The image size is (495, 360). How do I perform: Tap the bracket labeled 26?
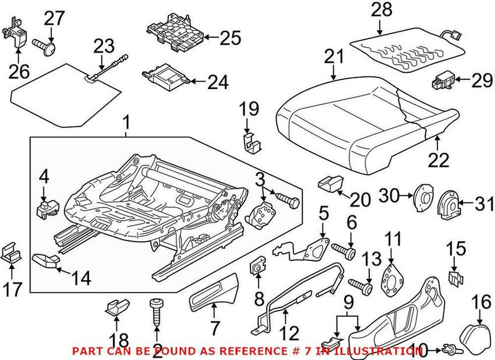[17, 34]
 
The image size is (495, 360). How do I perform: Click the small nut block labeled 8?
[256, 270]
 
